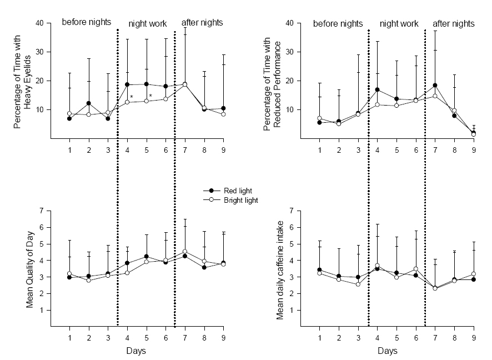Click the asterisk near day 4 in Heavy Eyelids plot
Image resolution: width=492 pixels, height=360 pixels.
pyautogui.click(x=131, y=98)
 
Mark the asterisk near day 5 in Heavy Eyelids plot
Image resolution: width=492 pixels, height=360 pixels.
pyautogui.click(x=150, y=96)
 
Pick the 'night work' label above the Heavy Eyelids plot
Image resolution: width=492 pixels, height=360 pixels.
pyautogui.click(x=148, y=24)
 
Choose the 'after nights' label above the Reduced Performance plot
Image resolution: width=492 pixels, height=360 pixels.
pyautogui.click(x=454, y=24)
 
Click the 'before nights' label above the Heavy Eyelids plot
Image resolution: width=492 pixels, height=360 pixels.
pyautogui.click(x=87, y=22)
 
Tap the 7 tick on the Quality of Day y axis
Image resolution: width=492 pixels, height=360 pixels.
pyautogui.click(x=41, y=211)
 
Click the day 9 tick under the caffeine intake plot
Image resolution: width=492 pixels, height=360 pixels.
pyautogui.click(x=473, y=338)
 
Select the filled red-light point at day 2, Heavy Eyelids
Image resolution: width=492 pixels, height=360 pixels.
pyautogui.click(x=89, y=103)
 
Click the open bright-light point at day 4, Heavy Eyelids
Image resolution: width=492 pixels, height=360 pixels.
pyautogui.click(x=127, y=102)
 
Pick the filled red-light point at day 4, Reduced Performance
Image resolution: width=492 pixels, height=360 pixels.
pyautogui.click(x=378, y=89)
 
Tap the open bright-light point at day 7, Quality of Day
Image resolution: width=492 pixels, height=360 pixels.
pyautogui.click(x=185, y=252)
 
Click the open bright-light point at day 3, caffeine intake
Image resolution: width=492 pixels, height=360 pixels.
pyautogui.click(x=358, y=284)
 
